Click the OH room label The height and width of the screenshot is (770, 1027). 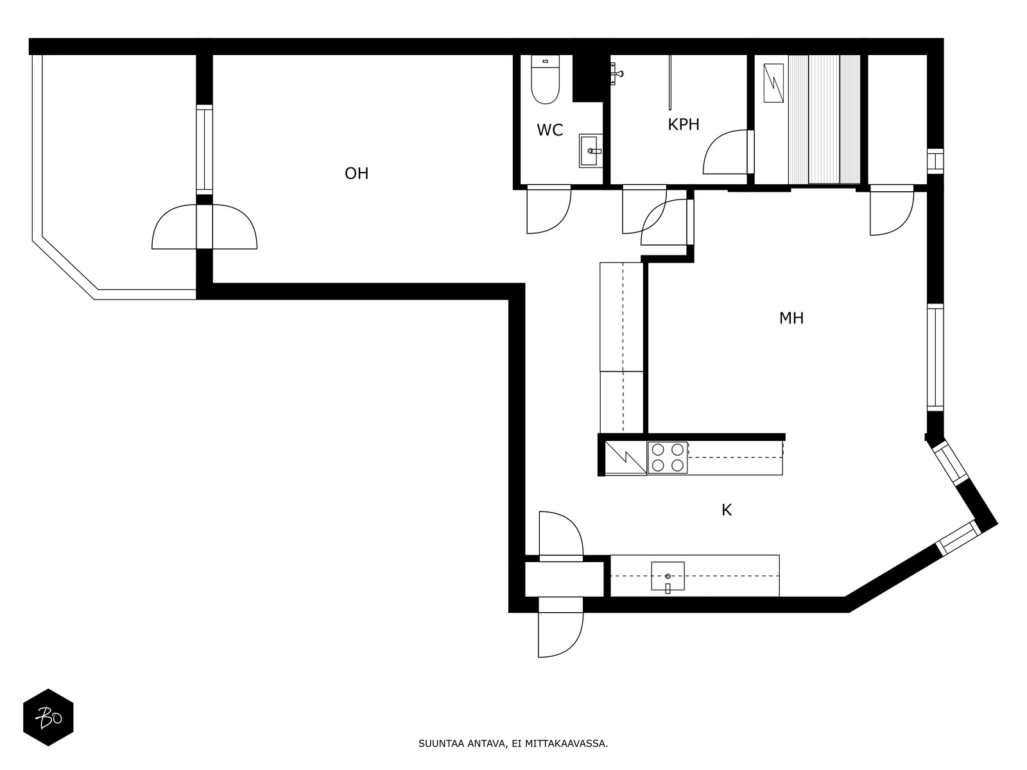point(356,173)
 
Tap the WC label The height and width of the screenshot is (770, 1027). point(549,130)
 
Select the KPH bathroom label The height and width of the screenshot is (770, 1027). point(684,124)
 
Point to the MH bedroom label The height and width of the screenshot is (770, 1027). point(791,318)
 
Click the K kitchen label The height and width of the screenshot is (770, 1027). point(727,510)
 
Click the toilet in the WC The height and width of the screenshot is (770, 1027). point(545,80)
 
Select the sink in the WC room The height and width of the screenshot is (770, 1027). point(591,151)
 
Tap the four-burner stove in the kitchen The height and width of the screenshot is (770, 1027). point(667,458)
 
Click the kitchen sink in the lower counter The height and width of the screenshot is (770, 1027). point(668,576)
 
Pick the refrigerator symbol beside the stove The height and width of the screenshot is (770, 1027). point(626,458)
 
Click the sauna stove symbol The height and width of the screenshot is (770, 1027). point(773,83)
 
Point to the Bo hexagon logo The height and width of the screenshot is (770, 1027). point(48,717)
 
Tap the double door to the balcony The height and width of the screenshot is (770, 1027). point(205,227)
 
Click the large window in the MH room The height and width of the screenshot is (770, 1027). point(935,357)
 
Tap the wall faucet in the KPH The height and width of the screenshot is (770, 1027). point(617,73)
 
